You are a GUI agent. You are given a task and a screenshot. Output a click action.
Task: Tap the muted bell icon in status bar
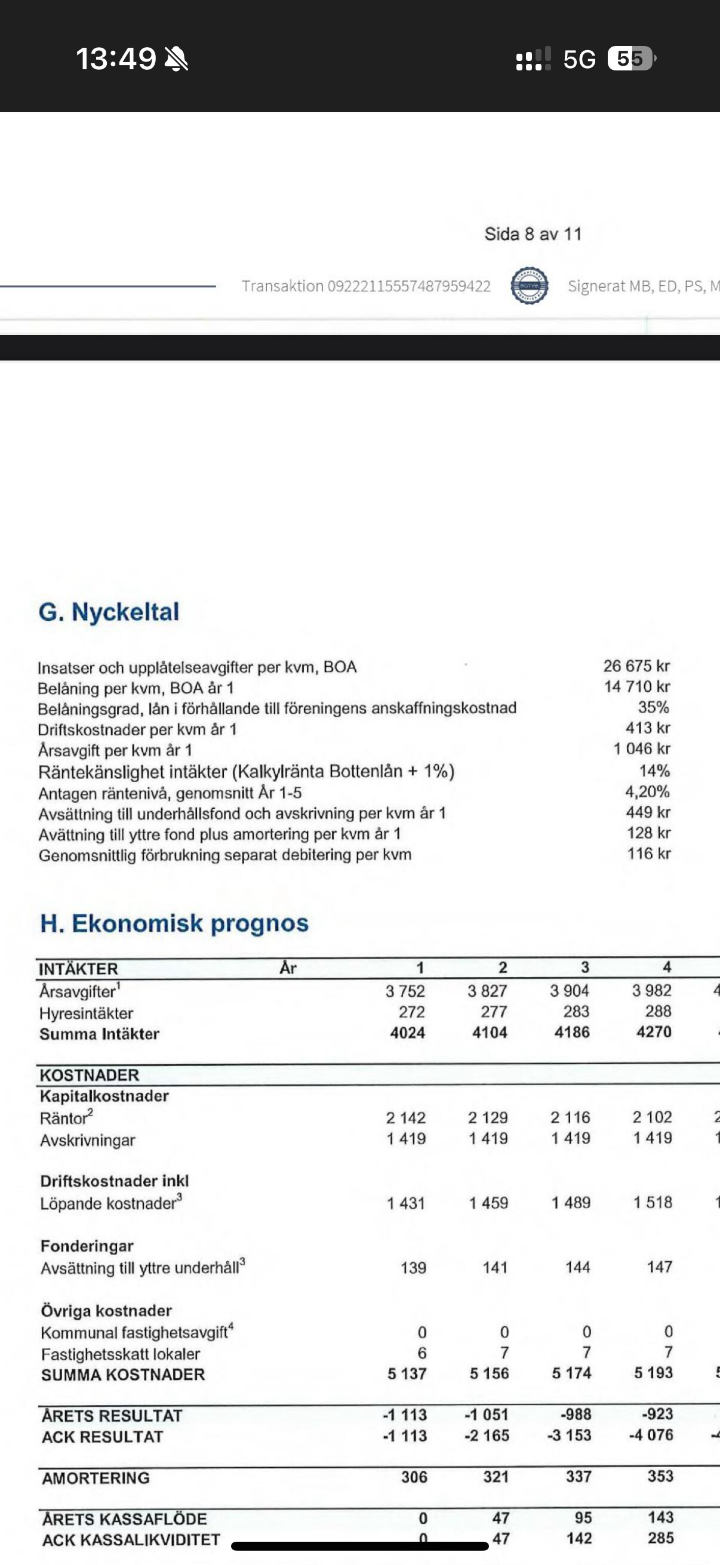click(x=176, y=59)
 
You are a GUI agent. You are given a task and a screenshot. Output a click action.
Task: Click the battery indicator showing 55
click(x=630, y=59)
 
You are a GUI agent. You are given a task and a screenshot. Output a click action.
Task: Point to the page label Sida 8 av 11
click(x=533, y=234)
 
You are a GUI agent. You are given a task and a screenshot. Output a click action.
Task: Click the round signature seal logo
click(x=529, y=285)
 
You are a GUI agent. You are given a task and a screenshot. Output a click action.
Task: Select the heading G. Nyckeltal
click(x=109, y=612)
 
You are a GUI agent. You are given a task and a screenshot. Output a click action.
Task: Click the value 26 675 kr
click(x=636, y=666)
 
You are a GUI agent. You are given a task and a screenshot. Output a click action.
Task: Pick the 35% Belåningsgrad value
click(x=653, y=707)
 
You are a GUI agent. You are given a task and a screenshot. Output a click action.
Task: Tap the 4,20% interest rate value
click(x=647, y=791)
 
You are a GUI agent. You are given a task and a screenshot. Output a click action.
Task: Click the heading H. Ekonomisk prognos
click(x=174, y=923)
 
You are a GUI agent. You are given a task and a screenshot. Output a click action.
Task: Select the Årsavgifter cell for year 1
click(x=405, y=991)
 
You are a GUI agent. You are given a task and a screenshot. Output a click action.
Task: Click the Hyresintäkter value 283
click(x=576, y=1012)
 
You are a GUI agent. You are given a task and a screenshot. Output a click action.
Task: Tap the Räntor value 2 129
click(x=487, y=1117)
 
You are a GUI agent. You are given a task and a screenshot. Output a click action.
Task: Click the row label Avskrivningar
click(x=88, y=1141)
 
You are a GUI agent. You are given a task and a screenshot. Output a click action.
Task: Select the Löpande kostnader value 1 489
click(x=571, y=1202)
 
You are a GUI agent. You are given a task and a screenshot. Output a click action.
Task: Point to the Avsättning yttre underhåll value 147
click(x=659, y=1267)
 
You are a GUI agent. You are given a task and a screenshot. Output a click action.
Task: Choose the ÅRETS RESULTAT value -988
click(x=576, y=1414)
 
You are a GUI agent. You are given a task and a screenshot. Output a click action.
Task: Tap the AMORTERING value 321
click(x=496, y=1476)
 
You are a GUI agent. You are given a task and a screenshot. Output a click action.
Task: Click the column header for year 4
click(x=666, y=967)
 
